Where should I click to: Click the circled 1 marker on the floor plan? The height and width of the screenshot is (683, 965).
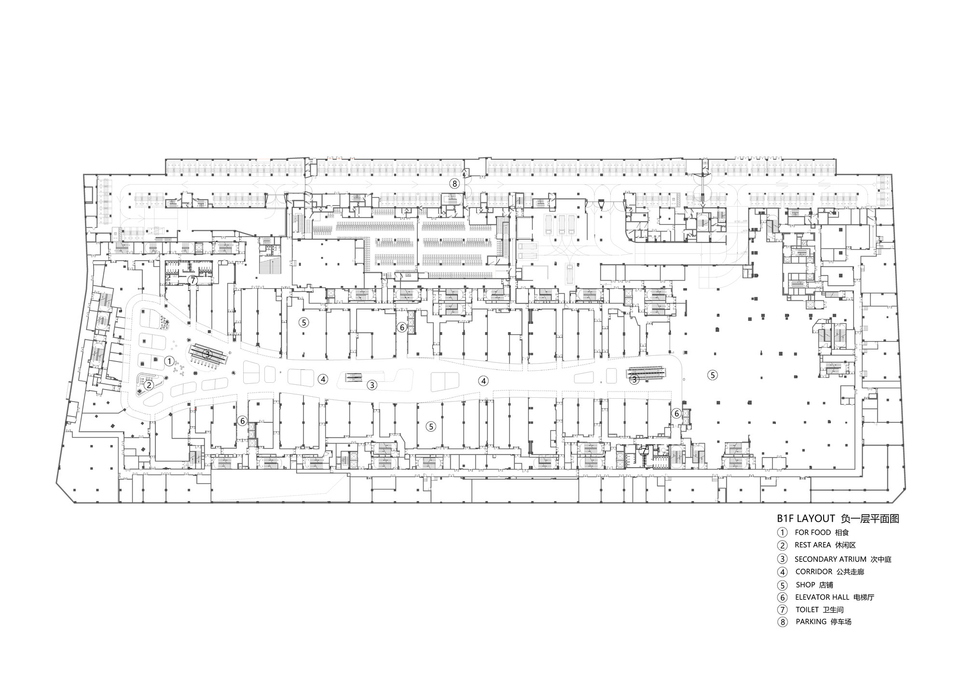click(169, 361)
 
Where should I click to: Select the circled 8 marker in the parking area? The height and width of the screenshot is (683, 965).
click(454, 183)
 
